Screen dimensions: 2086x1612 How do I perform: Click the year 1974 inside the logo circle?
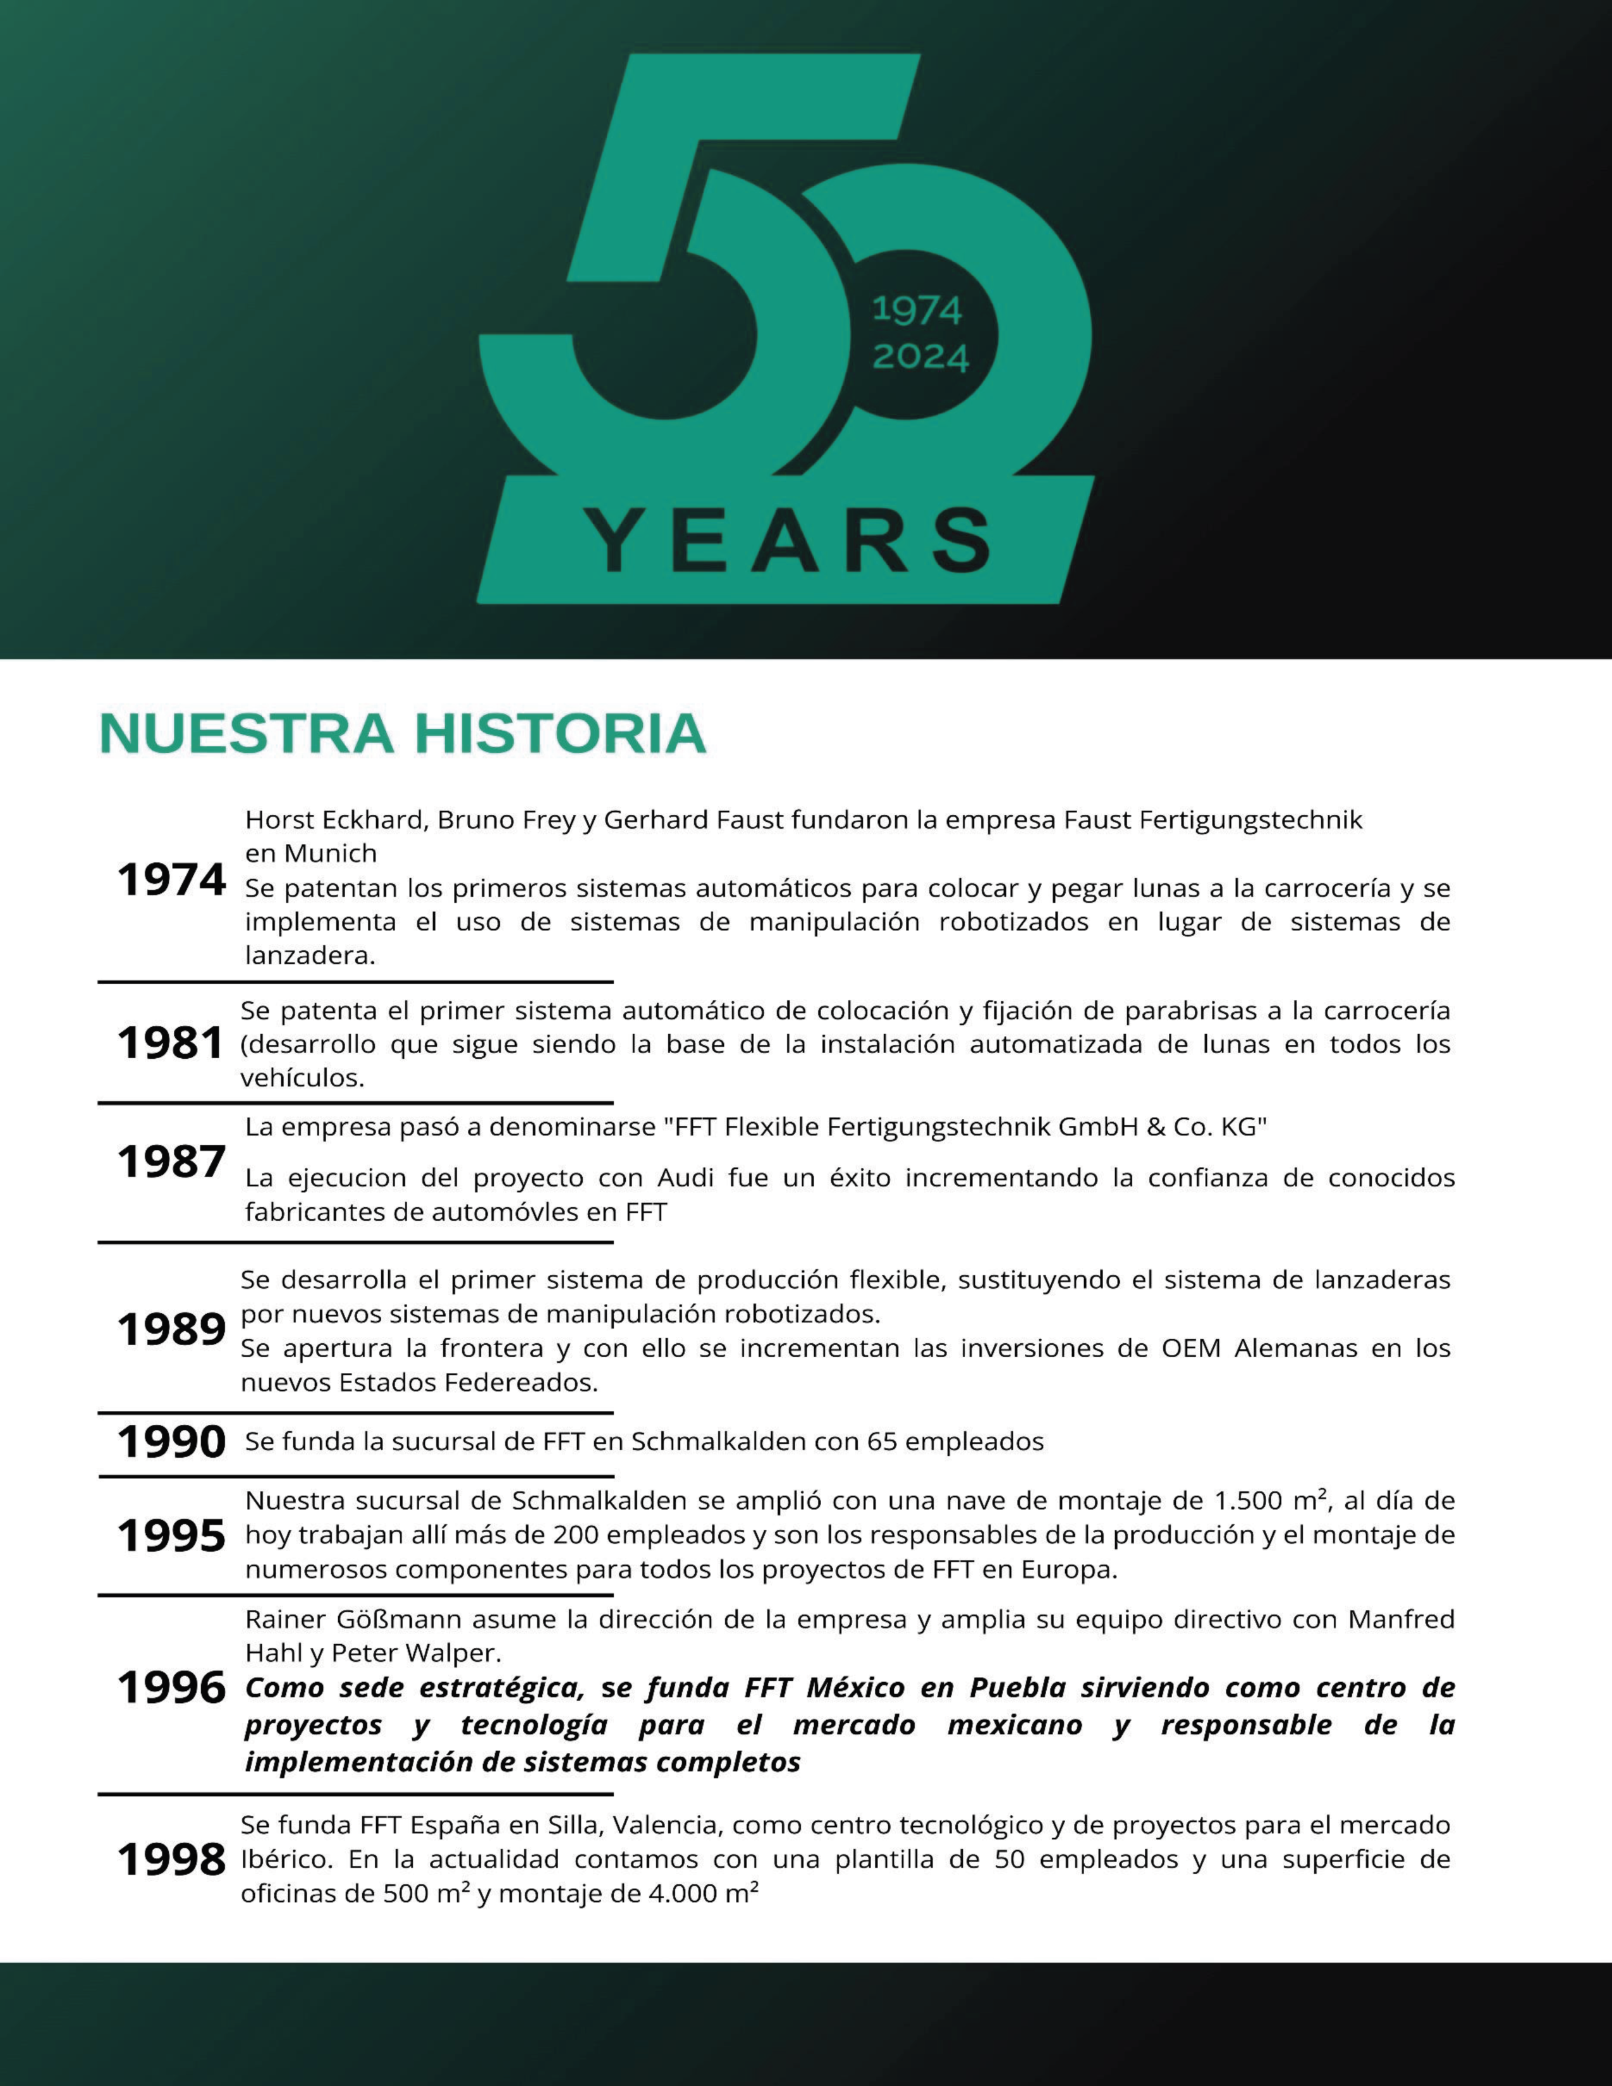[917, 310]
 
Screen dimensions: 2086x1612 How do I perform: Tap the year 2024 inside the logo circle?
[920, 357]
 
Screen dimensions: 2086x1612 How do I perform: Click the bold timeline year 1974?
[171, 880]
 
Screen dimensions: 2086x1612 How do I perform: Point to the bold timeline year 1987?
[171, 1162]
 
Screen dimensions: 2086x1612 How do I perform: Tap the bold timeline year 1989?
[171, 1329]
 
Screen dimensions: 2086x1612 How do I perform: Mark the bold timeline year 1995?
[171, 1536]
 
